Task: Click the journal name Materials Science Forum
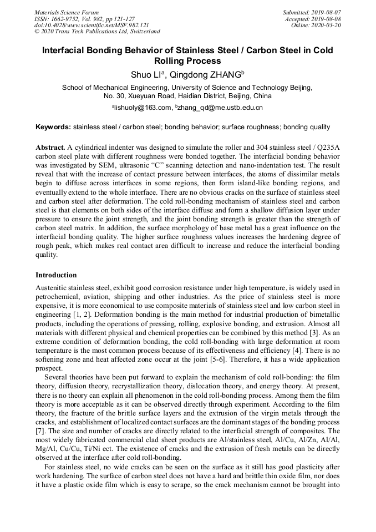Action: [x=67, y=12]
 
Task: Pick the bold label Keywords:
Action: [x=53, y=127]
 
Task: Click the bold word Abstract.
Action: [x=50, y=148]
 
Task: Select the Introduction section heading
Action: [x=56, y=275]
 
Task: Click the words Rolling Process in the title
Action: [x=187, y=61]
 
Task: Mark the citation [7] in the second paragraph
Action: [x=40, y=431]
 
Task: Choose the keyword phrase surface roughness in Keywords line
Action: [x=250, y=127]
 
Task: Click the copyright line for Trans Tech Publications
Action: [x=97, y=32]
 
